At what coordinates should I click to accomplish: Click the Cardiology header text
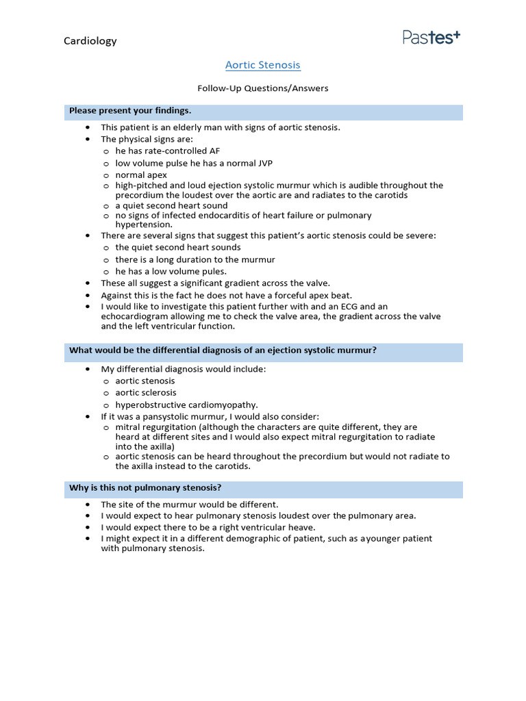click(90, 41)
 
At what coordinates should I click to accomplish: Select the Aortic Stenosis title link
click(263, 65)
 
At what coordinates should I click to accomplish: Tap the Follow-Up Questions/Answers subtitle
click(263, 88)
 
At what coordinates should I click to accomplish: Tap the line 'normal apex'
click(141, 175)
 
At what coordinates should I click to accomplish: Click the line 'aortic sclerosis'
click(146, 392)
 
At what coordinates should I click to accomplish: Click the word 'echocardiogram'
click(134, 316)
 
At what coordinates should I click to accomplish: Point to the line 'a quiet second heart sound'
click(171, 205)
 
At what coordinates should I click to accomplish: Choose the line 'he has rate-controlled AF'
click(168, 151)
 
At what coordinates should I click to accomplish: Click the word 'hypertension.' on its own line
click(144, 225)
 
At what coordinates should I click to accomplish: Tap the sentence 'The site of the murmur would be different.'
click(190, 505)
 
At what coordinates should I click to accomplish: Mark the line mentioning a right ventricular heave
click(208, 527)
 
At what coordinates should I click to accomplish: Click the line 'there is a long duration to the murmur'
click(195, 259)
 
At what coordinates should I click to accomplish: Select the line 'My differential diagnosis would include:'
click(184, 369)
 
